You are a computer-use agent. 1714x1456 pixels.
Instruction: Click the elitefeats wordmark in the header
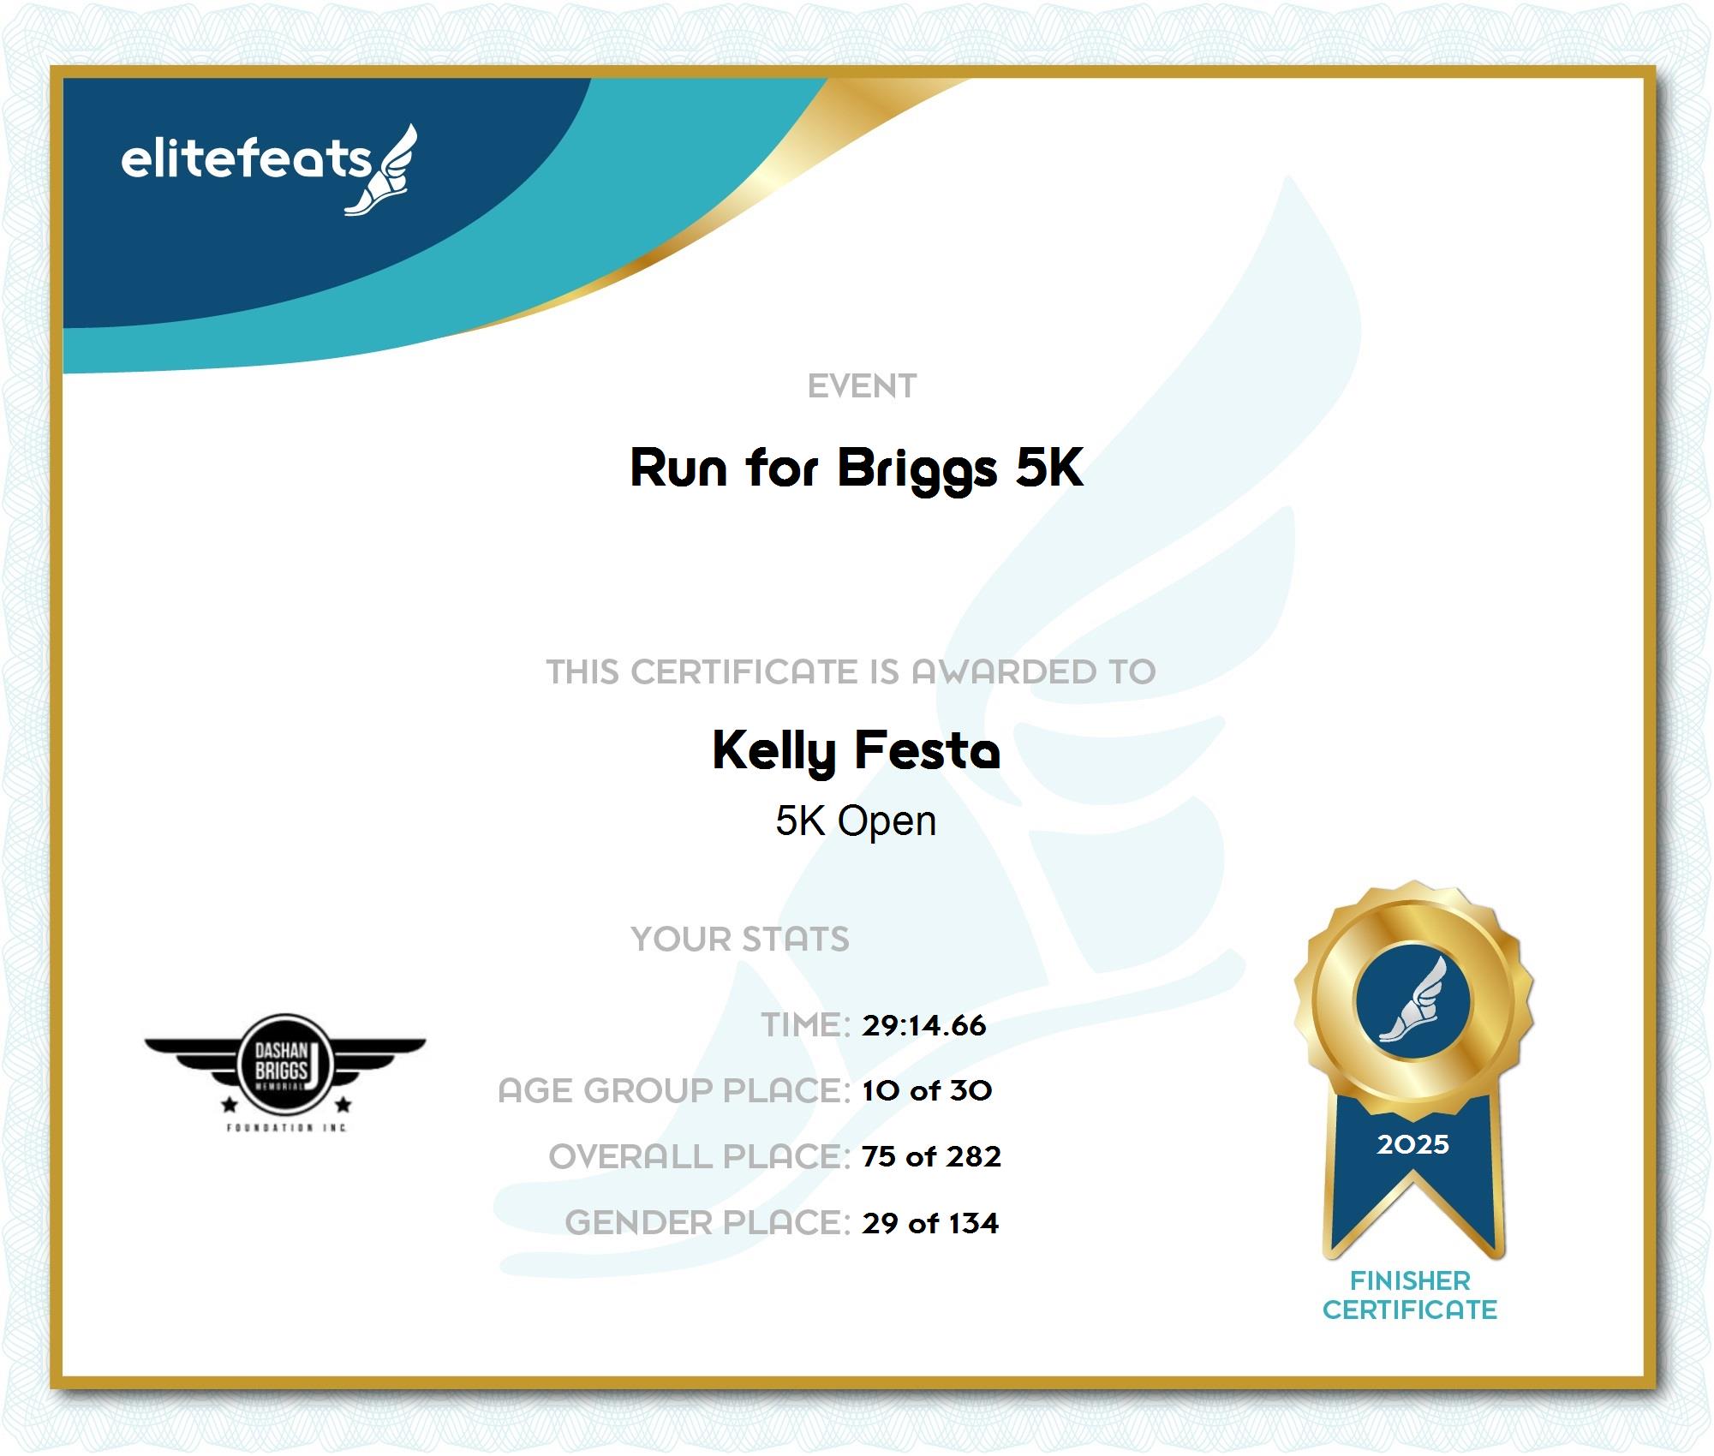coord(247,159)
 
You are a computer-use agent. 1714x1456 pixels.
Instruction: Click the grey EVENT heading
coord(862,386)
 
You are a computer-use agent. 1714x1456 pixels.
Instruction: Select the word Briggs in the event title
coord(917,470)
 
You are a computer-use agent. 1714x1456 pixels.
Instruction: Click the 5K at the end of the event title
coord(1049,467)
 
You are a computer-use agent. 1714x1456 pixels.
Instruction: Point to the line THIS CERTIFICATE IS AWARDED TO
coord(851,671)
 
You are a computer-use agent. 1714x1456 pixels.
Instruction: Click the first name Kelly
coord(774,752)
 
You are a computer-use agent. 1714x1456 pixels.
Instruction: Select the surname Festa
coord(928,749)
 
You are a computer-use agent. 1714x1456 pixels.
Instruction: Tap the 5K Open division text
coord(856,821)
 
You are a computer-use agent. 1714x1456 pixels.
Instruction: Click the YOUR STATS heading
coord(740,939)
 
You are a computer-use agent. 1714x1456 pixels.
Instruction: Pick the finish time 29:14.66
coord(924,1025)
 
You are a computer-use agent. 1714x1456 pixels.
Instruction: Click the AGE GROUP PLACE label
coord(674,1090)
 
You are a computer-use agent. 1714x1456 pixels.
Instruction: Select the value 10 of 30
coord(927,1090)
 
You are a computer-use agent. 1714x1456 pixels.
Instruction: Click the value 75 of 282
coord(931,1156)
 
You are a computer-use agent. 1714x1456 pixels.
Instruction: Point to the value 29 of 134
coord(930,1223)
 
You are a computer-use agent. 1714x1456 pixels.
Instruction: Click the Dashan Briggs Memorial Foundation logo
coord(285,1071)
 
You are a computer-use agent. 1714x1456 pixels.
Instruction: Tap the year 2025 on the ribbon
coord(1413,1144)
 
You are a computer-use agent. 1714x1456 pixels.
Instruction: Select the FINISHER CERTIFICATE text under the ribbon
coord(1410,1295)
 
